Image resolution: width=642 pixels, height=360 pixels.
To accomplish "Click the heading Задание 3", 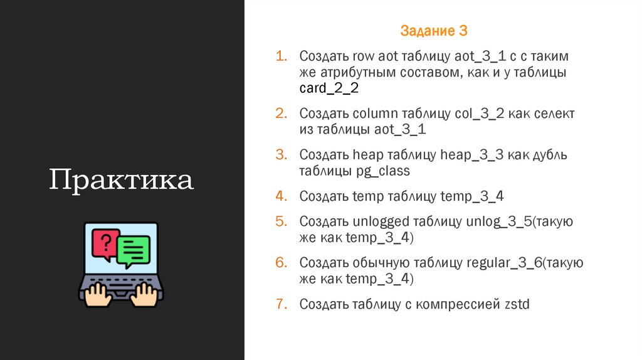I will [434, 31].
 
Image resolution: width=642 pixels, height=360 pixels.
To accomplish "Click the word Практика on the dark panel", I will [122, 180].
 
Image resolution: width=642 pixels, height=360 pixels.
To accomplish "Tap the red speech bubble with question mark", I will [105, 244].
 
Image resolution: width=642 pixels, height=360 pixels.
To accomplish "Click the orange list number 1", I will [281, 56].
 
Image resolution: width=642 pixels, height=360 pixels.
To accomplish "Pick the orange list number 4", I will [281, 196].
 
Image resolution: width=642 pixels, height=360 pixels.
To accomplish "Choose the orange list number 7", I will [281, 305].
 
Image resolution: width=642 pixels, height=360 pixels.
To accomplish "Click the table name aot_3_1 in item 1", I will [481, 56].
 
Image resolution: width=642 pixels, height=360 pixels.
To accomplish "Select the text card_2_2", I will [329, 88].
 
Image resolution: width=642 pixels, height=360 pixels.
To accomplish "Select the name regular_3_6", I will [504, 263].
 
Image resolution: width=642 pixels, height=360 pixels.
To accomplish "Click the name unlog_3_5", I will [499, 221].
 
